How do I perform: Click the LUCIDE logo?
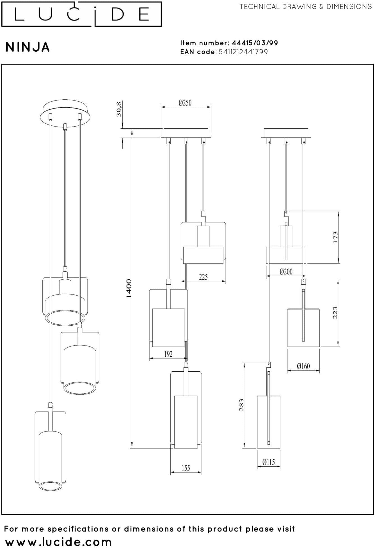81,14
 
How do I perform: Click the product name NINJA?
28,47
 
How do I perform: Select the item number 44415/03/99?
255,43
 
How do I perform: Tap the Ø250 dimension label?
185,103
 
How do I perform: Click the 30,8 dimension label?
119,109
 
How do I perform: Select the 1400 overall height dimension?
129,289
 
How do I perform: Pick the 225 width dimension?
203,277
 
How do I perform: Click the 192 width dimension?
168,354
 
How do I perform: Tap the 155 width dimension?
186,468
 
